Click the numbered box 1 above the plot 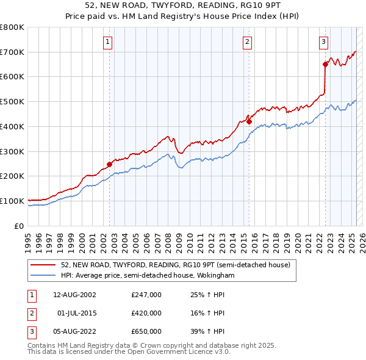click(107, 42)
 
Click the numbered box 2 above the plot click(247, 42)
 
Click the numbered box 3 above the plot click(323, 42)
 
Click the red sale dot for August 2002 click(110, 164)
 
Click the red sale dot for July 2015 click(249, 121)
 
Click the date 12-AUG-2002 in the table click(74, 295)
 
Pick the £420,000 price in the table click(146, 313)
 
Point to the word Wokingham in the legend click(218, 275)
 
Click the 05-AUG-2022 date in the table click(74, 331)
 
